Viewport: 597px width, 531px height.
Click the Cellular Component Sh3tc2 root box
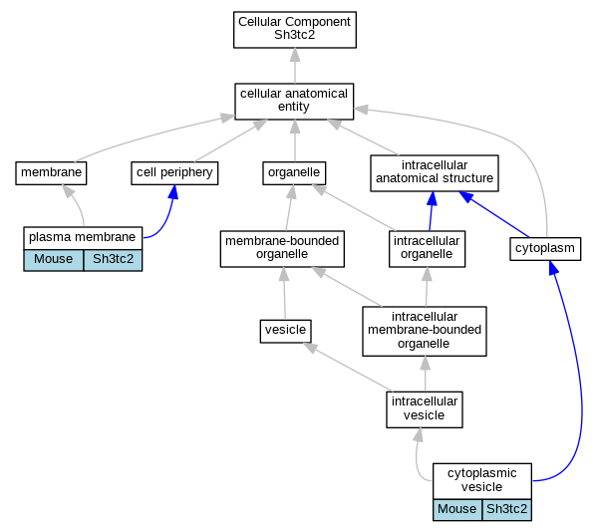[x=295, y=30]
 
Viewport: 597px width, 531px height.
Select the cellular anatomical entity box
[x=294, y=102]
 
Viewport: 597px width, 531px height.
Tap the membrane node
[x=51, y=173]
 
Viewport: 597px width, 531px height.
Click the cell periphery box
[x=174, y=173]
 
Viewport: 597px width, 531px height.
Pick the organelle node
[x=294, y=173]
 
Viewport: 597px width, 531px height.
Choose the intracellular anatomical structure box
[x=435, y=173]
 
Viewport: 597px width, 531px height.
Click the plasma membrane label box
[x=83, y=238]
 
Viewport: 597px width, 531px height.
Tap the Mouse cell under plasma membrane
[x=53, y=260]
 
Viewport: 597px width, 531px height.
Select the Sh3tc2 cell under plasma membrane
[x=113, y=260]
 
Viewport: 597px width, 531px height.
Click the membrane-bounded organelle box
[x=282, y=248]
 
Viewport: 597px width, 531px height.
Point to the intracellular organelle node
[x=427, y=248]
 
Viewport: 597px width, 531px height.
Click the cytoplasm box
[x=545, y=249]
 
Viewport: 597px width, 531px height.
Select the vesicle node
[x=286, y=331]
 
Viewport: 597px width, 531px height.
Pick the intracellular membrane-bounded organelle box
[x=425, y=331]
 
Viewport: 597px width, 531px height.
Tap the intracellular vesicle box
[x=425, y=409]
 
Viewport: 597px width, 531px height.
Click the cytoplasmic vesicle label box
[x=482, y=481]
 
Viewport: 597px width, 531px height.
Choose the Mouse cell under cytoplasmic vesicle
[x=457, y=510]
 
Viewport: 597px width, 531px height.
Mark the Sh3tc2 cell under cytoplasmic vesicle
[x=507, y=510]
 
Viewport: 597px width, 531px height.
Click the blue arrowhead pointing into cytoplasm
[x=553, y=268]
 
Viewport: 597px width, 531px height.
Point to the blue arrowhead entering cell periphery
[x=173, y=192]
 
